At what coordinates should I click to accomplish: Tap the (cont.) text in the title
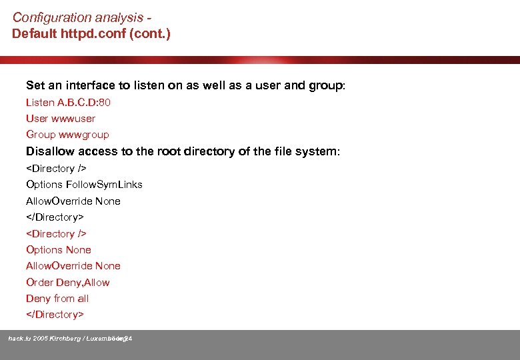tap(151, 33)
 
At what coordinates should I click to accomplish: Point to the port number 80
tap(104, 102)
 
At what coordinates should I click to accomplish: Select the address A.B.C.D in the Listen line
tap(77, 102)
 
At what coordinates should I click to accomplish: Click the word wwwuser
tap(73, 118)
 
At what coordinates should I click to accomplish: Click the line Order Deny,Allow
tap(67, 282)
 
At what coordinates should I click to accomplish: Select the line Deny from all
tap(57, 298)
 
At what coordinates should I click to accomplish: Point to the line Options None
tap(59, 249)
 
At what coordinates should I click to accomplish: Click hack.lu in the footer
tap(19, 339)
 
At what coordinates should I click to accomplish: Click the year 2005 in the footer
tap(40, 339)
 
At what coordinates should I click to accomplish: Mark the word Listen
tap(40, 102)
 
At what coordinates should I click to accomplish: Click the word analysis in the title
tap(119, 17)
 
